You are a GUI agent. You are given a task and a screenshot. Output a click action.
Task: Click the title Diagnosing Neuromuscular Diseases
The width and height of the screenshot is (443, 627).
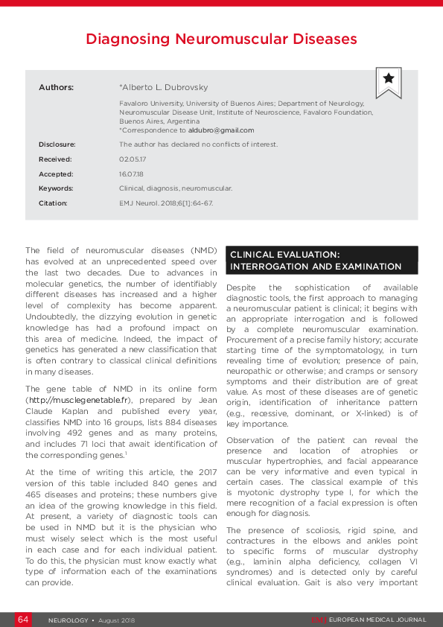coord(221,39)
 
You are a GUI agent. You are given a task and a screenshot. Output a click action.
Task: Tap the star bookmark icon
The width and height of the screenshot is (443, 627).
coord(388,80)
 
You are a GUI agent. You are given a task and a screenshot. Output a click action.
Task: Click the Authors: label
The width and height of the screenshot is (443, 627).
coord(56,87)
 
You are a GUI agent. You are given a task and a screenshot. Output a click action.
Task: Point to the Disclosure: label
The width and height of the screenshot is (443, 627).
coord(57,144)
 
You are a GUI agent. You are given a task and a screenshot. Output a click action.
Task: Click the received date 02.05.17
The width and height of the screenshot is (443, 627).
coord(133,159)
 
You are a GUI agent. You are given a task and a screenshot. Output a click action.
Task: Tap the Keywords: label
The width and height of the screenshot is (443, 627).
coord(56,188)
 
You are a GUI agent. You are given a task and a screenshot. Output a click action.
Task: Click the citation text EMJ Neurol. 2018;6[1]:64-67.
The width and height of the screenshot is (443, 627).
coord(166,203)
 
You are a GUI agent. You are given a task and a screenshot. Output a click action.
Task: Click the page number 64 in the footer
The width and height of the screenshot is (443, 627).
coord(23,620)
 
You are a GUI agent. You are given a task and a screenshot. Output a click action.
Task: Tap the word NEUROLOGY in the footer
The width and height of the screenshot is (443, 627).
coord(68,620)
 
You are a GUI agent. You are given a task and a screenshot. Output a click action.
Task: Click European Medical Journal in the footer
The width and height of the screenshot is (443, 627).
coord(378,620)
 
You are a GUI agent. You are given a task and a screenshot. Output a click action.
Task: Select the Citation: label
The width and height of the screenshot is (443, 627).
coord(53,203)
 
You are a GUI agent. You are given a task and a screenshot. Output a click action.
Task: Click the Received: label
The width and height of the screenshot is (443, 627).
coord(55,159)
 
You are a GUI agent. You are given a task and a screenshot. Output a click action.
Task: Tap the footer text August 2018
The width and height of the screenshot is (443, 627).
coord(115,620)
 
